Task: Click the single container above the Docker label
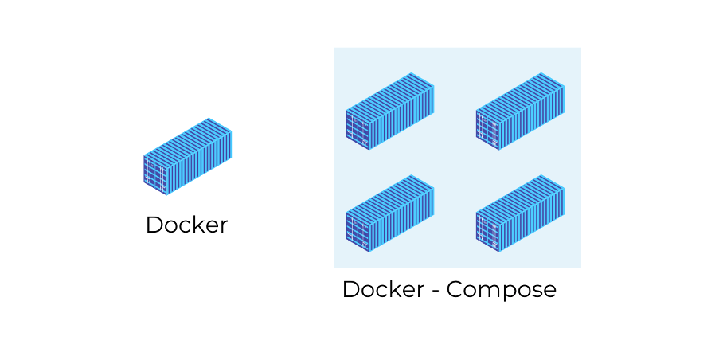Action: (x=187, y=157)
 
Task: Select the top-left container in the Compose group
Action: (x=389, y=112)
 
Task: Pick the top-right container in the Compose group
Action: (x=520, y=112)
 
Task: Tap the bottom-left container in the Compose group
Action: (x=389, y=213)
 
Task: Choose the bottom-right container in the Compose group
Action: (x=520, y=213)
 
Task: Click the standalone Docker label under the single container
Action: (x=186, y=225)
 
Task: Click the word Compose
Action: (x=501, y=290)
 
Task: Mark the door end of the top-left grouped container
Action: (x=358, y=129)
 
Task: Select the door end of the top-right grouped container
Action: (x=488, y=129)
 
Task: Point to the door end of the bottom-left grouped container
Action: (x=358, y=231)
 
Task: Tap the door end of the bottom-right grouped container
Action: (x=488, y=231)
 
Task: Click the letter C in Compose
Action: (x=455, y=290)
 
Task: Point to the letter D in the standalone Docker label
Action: (x=154, y=225)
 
